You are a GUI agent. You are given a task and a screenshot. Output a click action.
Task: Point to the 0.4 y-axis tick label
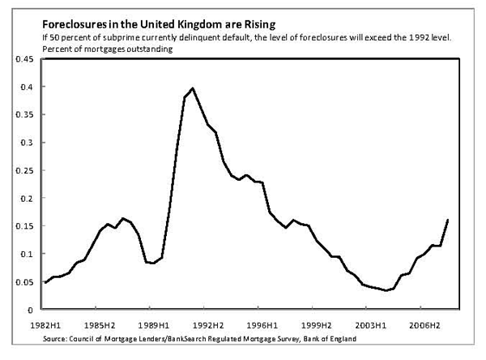tap(26, 87)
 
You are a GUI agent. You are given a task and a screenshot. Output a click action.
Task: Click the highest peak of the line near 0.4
tap(192, 88)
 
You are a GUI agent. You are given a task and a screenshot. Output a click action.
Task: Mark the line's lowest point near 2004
tap(386, 290)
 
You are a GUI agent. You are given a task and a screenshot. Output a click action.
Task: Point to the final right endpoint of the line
tap(448, 220)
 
